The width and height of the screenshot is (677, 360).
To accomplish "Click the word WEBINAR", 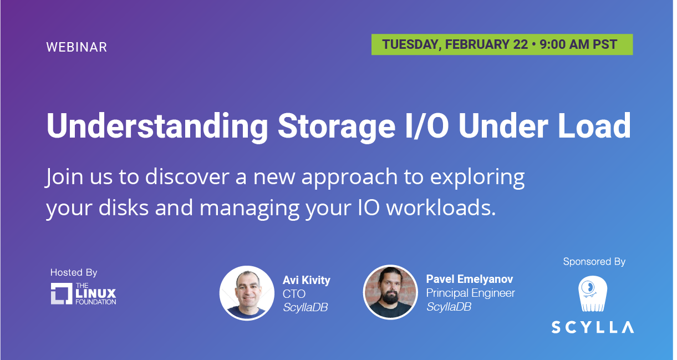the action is [77, 47].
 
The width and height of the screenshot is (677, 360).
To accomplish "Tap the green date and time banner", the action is [502, 44].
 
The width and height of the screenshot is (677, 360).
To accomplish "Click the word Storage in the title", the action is [337, 126].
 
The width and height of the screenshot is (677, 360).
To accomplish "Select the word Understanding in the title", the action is [157, 126].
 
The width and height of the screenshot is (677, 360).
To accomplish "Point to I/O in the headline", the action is [426, 126].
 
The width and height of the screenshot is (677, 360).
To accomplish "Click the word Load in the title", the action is [594, 126].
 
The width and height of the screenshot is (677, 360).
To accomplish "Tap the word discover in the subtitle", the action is [187, 176].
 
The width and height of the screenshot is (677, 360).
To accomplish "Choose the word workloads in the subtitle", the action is [441, 208].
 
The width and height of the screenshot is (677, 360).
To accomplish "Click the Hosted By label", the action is [74, 272].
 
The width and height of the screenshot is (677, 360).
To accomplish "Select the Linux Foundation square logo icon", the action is [62, 293].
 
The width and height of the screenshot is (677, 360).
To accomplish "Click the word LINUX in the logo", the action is [96, 293].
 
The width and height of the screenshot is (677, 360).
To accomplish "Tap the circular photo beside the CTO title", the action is [247, 293].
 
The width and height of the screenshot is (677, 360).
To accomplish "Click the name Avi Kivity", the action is [307, 280].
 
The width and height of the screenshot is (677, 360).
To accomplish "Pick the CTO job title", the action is [294, 294].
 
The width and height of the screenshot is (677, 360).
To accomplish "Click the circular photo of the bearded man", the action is [390, 292].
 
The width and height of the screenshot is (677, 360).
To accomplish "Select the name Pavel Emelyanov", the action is [470, 279].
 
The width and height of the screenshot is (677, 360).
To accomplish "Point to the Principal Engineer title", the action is [471, 293].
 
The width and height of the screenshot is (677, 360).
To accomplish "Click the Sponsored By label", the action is [594, 261].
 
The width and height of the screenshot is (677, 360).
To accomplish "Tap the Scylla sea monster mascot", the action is [592, 294].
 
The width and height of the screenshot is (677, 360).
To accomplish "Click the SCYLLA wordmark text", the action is [593, 327].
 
